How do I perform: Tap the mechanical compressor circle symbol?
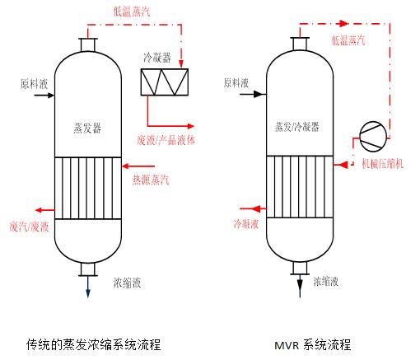pos(373,137)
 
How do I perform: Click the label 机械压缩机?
pos(383,164)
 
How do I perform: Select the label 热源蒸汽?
pos(151,180)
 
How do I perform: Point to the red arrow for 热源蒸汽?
pos(138,166)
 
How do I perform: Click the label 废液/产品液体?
pos(166,140)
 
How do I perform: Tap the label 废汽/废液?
pos(29,227)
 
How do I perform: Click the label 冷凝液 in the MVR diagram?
pos(246,224)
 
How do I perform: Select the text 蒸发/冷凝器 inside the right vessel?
pos(297,127)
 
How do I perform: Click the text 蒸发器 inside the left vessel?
pos(87,128)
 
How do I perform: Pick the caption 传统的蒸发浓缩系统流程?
pos(94,344)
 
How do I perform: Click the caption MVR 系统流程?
pos(313,344)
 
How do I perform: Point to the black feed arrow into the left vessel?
pos(44,96)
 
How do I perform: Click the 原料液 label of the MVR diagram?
pos(236,82)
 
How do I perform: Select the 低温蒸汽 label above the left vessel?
pos(132,12)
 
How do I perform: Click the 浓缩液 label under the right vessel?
pos(326,281)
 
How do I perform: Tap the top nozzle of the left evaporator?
pos(88,44)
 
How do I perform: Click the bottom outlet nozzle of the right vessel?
pos(300,268)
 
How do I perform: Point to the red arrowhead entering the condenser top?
pos(181,63)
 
